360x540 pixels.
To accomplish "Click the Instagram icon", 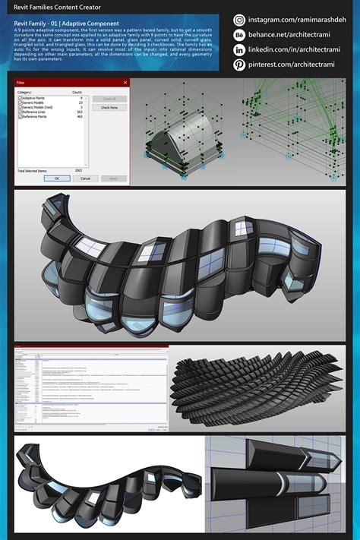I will (240, 21).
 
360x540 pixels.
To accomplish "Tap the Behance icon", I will (240, 35).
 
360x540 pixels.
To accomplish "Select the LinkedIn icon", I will (240, 50).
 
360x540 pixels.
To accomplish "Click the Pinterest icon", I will (240, 65).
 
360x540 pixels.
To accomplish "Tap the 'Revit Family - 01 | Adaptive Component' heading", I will (66, 24).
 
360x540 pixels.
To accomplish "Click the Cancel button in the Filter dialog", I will (85, 178).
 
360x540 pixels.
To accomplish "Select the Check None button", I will (109, 108).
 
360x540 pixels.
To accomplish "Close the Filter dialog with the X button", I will (125, 81).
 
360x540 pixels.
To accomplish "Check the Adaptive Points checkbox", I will (20, 99).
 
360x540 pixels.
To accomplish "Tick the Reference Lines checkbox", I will (20, 112).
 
